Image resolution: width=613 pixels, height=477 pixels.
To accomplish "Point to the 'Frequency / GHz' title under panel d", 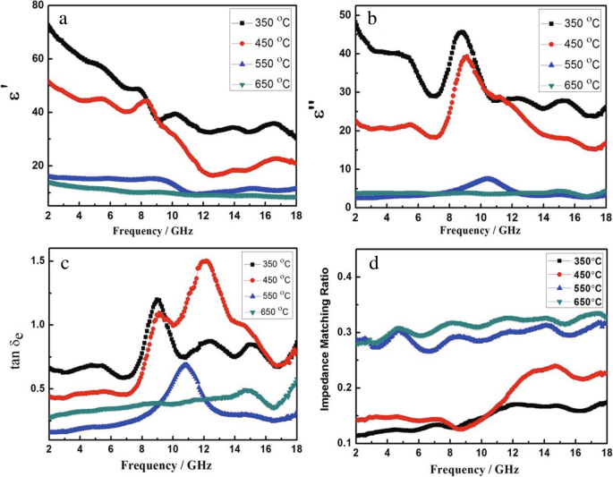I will [x=481, y=466].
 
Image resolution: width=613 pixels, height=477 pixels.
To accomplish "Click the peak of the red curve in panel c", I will [x=205, y=261].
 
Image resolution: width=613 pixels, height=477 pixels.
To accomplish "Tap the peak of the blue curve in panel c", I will [x=185, y=364].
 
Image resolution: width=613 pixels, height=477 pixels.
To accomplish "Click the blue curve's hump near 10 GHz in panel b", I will [x=487, y=179].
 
